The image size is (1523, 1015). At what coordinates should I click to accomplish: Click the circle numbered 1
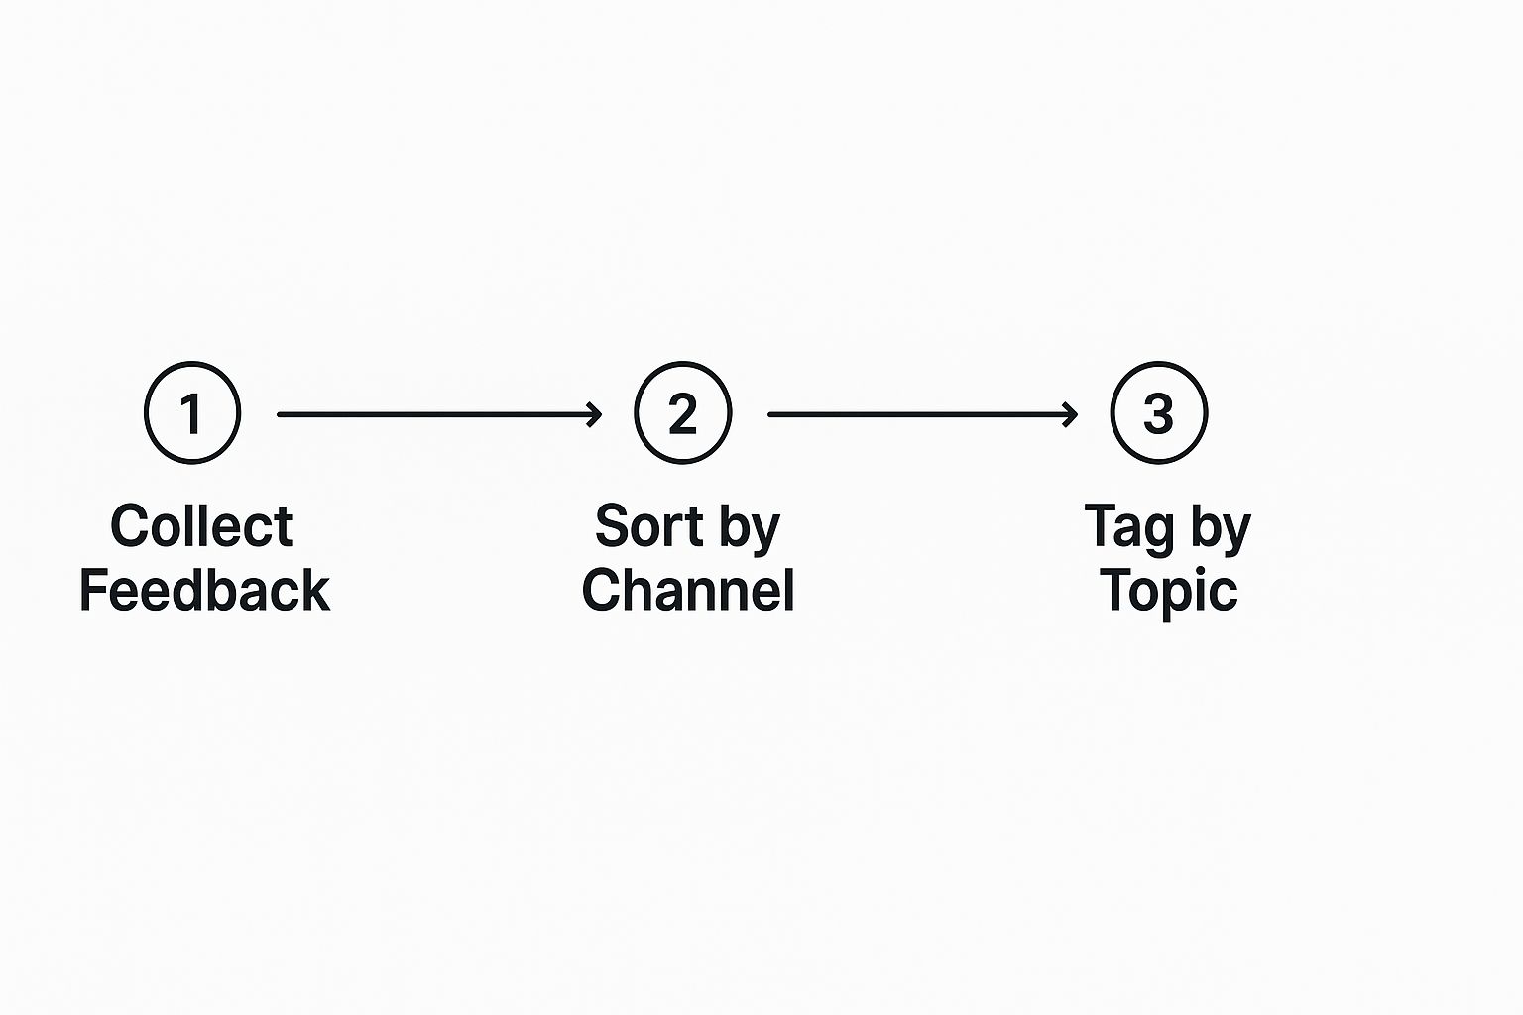click(x=192, y=412)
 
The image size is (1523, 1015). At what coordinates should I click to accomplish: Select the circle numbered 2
click(x=682, y=412)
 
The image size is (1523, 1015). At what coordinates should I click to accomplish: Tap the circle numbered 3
click(x=1158, y=412)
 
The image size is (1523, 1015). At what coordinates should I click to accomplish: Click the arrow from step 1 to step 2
click(x=436, y=414)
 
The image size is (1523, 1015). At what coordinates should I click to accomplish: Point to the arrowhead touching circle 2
click(x=595, y=414)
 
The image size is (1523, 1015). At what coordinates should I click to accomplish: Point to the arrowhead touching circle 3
click(x=1071, y=414)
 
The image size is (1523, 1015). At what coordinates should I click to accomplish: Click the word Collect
click(x=201, y=526)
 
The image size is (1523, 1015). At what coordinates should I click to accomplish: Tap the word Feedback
click(x=204, y=591)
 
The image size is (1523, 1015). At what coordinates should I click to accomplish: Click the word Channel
click(x=688, y=591)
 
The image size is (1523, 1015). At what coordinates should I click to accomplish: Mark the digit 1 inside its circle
click(x=191, y=413)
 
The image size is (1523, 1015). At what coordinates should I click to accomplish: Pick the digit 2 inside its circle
click(x=682, y=413)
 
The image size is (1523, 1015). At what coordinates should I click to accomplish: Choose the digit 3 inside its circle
click(x=1158, y=413)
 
